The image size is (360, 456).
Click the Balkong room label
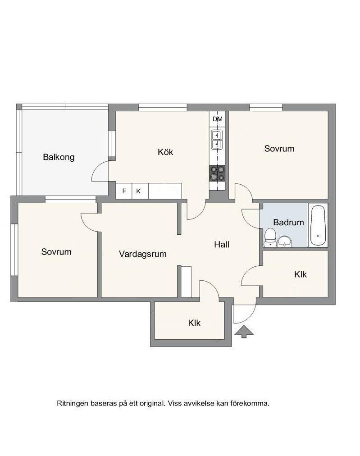[59, 157]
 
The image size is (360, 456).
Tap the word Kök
[165, 152]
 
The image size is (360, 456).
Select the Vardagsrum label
[143, 254]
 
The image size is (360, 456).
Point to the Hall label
[222, 245]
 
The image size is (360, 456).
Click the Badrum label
[288, 223]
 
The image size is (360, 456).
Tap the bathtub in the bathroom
[318, 225]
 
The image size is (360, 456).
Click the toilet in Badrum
[270, 237]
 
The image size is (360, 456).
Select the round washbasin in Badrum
[285, 242]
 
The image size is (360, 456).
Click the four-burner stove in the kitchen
[217, 173]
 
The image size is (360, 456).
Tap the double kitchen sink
[217, 140]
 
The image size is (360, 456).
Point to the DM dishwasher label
[218, 119]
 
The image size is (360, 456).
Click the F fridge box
[124, 191]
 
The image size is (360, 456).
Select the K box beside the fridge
[140, 191]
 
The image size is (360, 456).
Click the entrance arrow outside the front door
[244, 332]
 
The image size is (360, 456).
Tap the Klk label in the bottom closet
[194, 323]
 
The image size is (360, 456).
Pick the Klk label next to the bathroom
[301, 274]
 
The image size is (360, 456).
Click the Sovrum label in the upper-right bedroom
[279, 149]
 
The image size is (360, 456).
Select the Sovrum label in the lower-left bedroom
[56, 252]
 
